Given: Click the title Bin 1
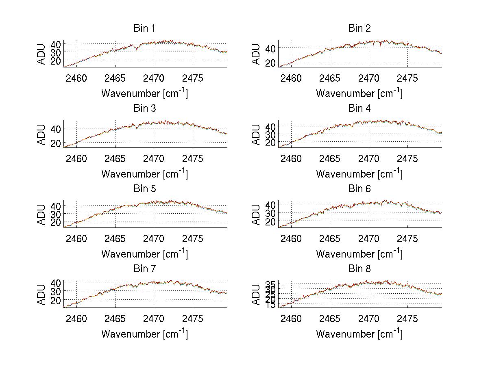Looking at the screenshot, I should coord(144,28).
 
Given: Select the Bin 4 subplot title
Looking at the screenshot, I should coord(359,108).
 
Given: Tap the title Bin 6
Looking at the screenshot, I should coord(359,189).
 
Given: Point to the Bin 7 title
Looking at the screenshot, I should coord(144,269).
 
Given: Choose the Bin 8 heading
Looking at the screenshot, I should coord(359,269).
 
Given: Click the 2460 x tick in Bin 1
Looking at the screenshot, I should coord(76,78).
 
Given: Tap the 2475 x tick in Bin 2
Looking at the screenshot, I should coord(407,78).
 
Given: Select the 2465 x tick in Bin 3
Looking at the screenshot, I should coord(115,158).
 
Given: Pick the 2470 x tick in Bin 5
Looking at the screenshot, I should coord(154,238).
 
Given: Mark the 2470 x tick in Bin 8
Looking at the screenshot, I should coord(369,318).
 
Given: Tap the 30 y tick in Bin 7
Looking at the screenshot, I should coord(57,291).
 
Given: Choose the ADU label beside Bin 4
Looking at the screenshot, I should coord(256,134).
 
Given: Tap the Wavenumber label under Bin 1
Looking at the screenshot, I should coord(144,93).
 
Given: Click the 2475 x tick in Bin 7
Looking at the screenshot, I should coord(193,318).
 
